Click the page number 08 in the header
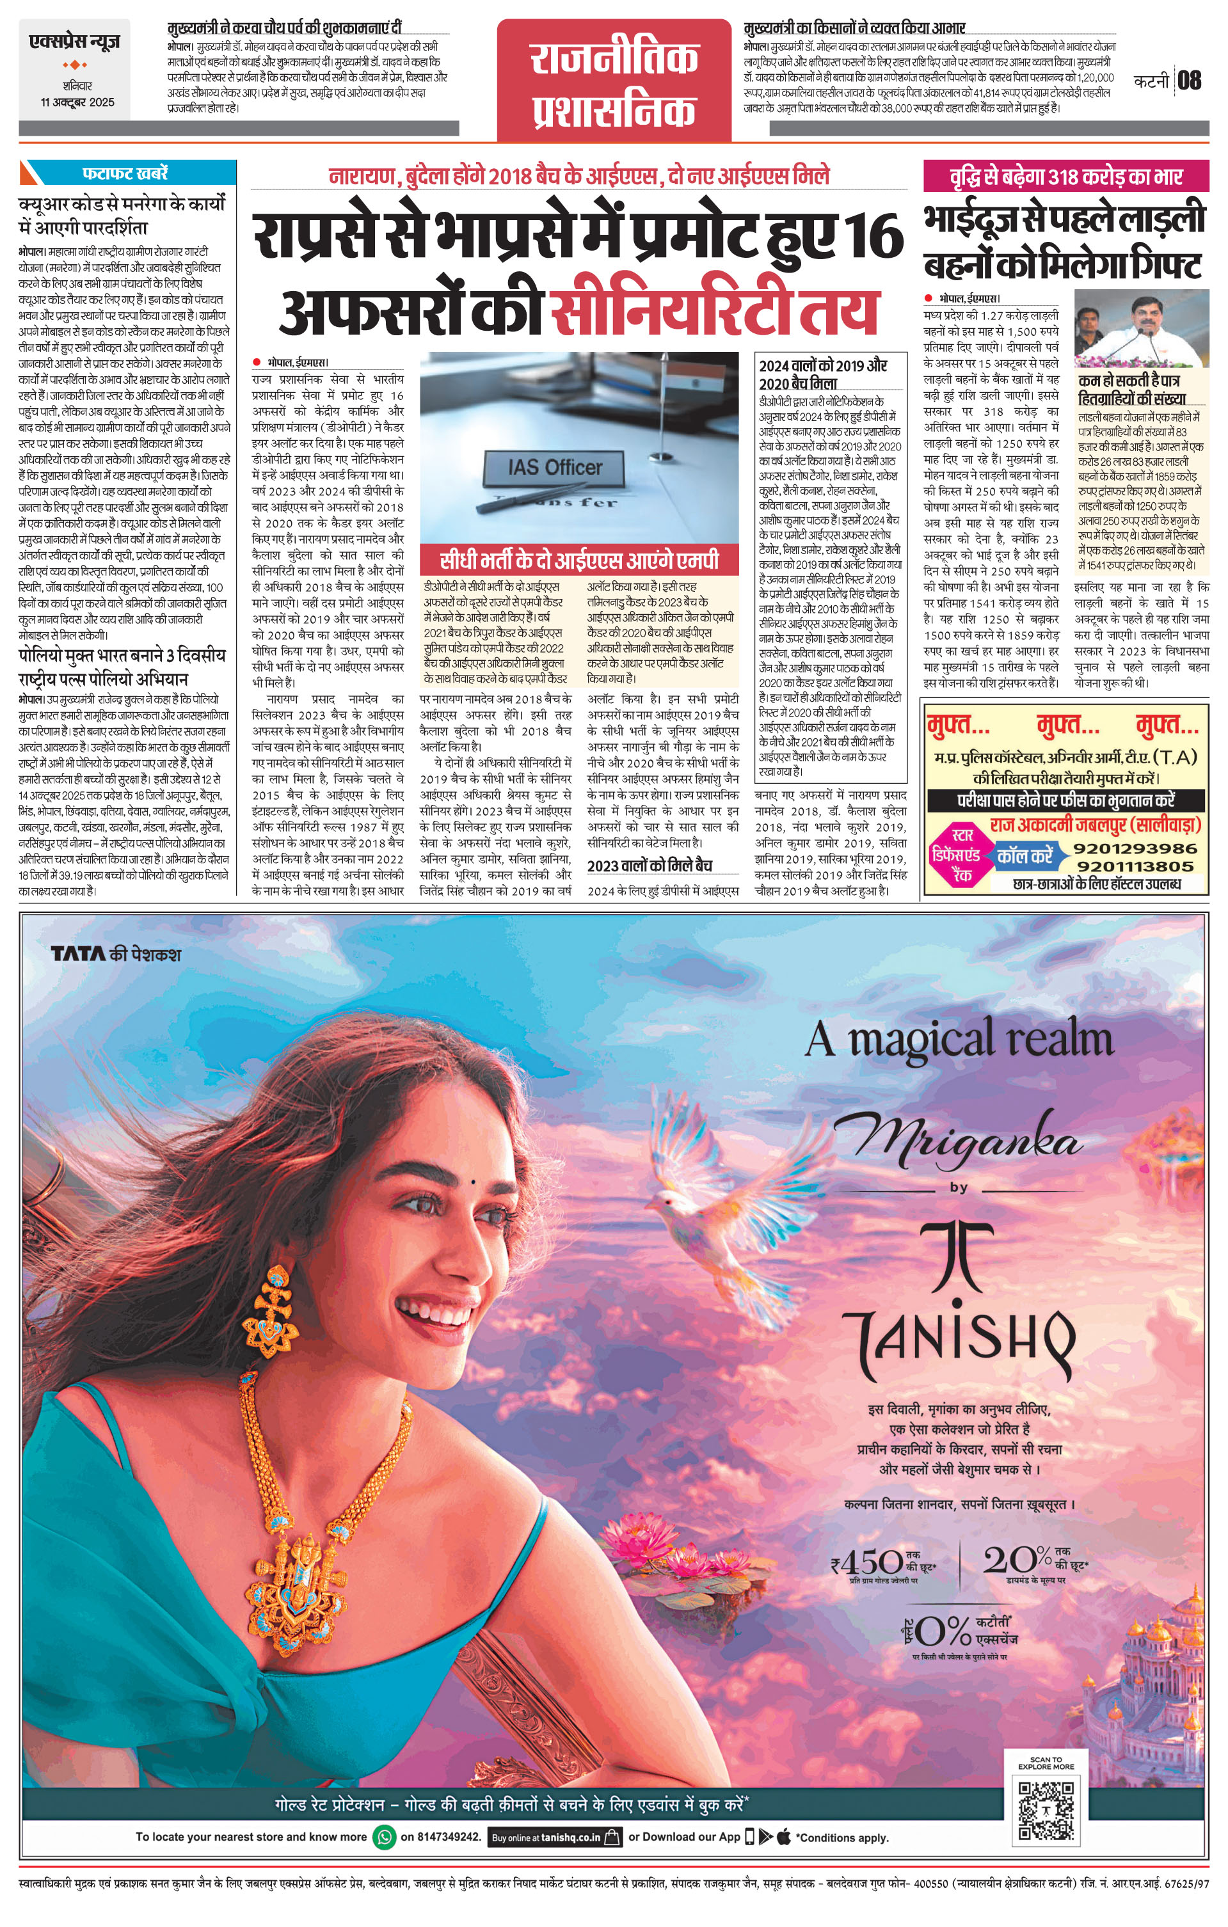point(1190,80)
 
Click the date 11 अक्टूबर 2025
point(77,102)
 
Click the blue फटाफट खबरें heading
point(125,173)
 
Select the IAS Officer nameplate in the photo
point(555,466)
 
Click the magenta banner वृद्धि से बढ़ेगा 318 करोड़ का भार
point(1065,176)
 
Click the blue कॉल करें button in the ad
point(1025,855)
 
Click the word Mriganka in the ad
point(959,1141)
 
